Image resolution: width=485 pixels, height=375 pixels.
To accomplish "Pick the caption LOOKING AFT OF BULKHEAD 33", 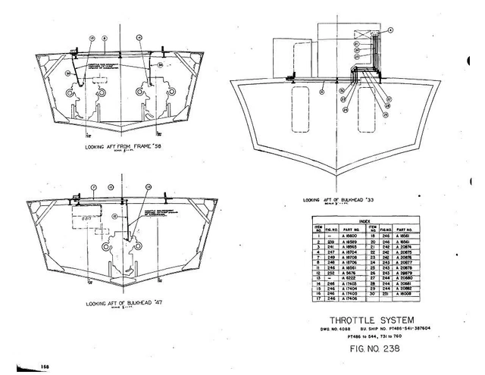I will point(338,200).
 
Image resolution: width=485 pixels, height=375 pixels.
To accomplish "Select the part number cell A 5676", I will point(342,273).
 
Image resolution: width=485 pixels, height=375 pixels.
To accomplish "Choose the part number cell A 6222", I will point(342,278).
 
